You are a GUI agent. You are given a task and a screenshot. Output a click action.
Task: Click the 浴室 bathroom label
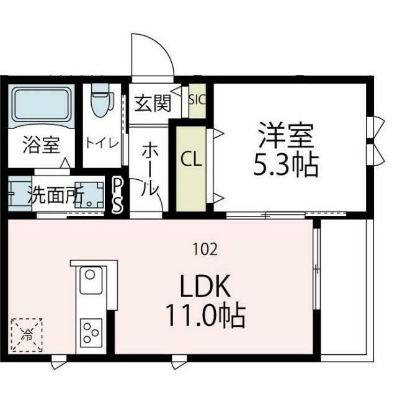pyautogui.click(x=41, y=146)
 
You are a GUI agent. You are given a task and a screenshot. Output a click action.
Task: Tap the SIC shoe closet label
pyautogui.click(x=197, y=99)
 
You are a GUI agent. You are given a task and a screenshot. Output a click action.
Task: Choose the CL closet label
pyautogui.click(x=191, y=160)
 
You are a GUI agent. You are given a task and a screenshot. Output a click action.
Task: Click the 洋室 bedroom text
pyautogui.click(x=287, y=133)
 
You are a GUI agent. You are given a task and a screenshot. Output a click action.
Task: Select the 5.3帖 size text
pyautogui.click(x=287, y=164)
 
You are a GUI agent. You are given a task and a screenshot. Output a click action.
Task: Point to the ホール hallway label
pyautogui.click(x=151, y=169)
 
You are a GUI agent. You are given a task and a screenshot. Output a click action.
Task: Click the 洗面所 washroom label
pyautogui.click(x=56, y=195)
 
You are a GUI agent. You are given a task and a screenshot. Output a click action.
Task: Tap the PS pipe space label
pyautogui.click(x=117, y=195)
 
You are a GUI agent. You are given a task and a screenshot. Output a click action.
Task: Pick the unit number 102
pyautogui.click(x=205, y=250)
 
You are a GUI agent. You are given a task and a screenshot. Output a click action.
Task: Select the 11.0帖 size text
pyautogui.click(x=205, y=315)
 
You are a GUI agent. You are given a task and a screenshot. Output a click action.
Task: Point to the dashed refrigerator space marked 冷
pyautogui.click(x=27, y=335)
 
